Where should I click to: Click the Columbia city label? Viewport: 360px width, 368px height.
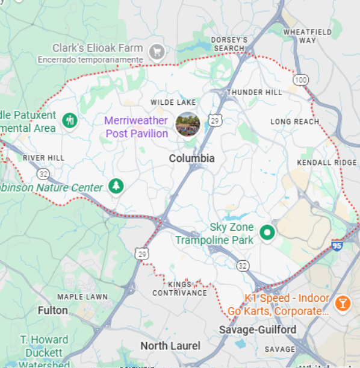pos(191,158)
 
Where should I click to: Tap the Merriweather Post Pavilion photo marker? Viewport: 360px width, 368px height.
pos(187,124)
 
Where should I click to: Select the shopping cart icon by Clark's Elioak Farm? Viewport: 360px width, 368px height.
pos(157,51)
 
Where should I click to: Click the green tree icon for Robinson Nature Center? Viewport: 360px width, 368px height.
pos(116,186)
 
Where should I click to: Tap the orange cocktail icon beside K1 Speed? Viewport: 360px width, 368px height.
pos(342,302)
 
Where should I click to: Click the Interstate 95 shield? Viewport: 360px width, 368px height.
pos(338,245)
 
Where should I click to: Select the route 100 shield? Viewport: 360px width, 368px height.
pos(300,80)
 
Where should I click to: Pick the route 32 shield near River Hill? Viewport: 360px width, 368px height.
pos(43,174)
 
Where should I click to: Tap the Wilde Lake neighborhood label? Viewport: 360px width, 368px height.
pos(173,102)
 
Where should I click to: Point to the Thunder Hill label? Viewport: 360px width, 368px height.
pos(254,92)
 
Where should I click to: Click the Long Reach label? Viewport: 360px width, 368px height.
pos(295,122)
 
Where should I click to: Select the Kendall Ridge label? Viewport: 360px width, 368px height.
pos(327,163)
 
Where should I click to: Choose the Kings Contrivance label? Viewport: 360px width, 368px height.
pos(179,288)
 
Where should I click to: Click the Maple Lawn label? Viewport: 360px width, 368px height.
pos(82,297)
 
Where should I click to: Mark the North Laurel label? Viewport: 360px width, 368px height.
pos(170,346)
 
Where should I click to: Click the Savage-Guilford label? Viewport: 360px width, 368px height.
pos(257,329)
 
